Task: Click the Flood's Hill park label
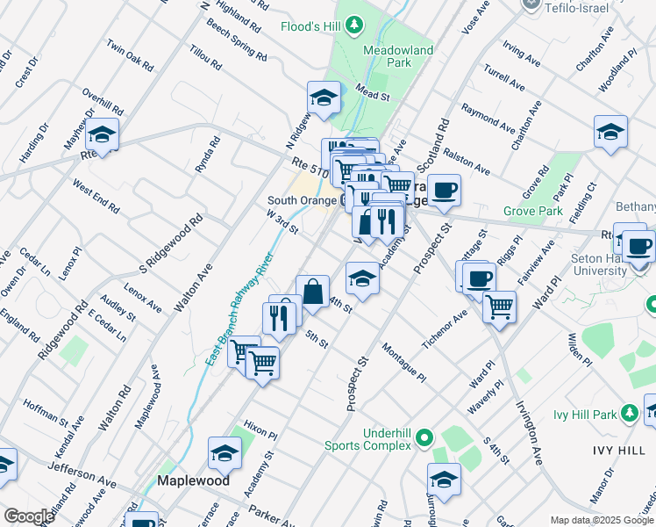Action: pos(311,26)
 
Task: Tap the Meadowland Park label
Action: pos(398,57)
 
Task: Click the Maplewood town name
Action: pos(193,480)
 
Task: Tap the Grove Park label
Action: pos(533,212)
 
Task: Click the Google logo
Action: pos(28,516)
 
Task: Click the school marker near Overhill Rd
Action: pos(103,136)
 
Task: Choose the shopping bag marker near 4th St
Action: pos(312,289)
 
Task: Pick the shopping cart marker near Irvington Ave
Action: pos(499,307)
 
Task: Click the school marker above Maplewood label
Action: pos(225,452)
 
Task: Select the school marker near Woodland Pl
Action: pos(610,132)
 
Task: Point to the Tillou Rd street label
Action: pos(204,61)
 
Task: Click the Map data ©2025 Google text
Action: pos(603,520)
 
